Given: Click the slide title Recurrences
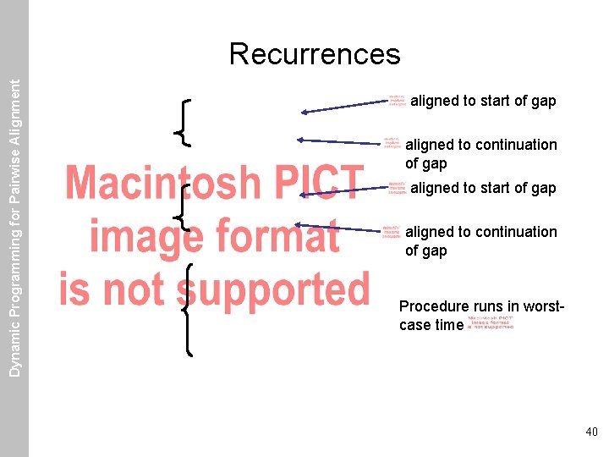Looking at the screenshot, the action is point(315,54).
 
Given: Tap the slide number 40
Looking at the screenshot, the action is point(590,432).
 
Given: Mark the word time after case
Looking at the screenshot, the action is point(447,325).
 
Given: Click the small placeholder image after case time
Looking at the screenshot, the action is point(490,323).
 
